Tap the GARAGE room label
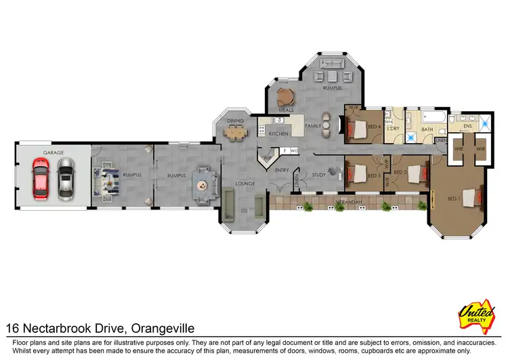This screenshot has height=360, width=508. coord(53,153)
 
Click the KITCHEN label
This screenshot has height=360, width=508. coord(278,134)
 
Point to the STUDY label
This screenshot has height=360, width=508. coord(319,175)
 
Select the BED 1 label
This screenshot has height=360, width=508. coord(453,199)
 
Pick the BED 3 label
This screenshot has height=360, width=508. coord(373,176)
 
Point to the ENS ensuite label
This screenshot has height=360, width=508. coord(467,126)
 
